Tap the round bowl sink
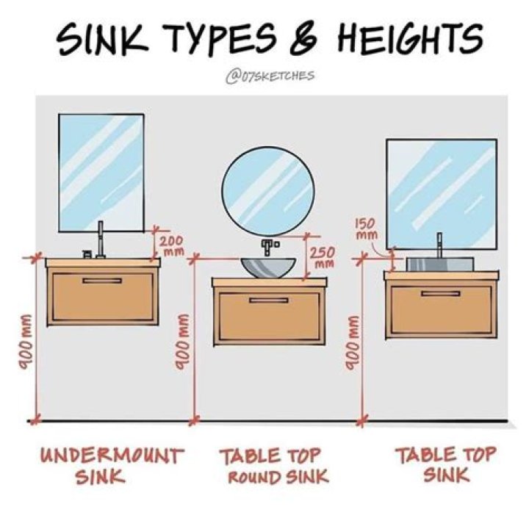[268, 268]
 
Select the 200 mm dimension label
[172, 245]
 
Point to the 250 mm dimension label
[323, 258]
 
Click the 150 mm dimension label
[366, 228]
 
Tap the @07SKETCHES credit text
[270, 76]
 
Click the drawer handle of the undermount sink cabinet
[102, 281]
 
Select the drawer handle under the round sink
[269, 300]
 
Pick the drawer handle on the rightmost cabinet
[441, 293]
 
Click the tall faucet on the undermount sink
[100, 240]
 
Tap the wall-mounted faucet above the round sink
[269, 246]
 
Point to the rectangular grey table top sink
[440, 264]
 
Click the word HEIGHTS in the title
[409, 40]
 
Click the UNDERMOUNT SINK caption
[112, 465]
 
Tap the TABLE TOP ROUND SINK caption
[274, 465]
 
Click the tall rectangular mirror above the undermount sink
[101, 173]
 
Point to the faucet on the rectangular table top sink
[439, 245]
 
